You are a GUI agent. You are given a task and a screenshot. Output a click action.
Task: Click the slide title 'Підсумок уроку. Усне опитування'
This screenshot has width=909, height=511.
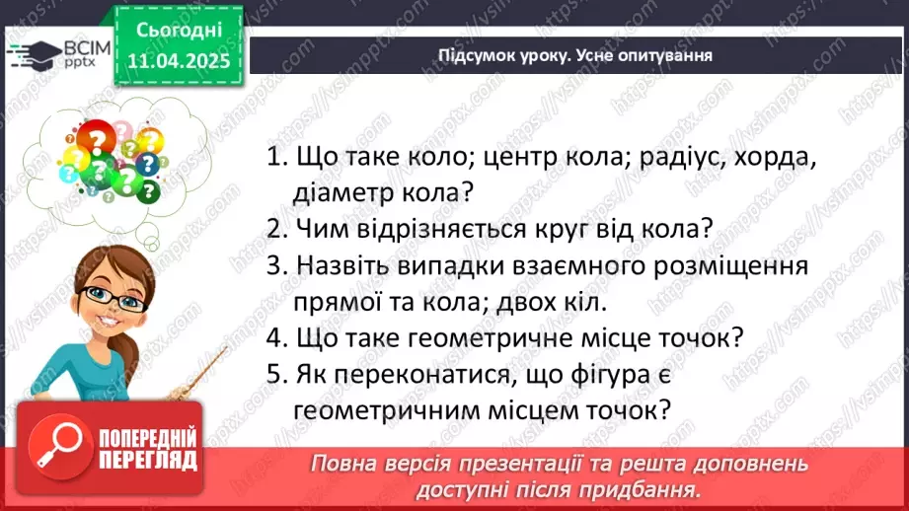(575, 55)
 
